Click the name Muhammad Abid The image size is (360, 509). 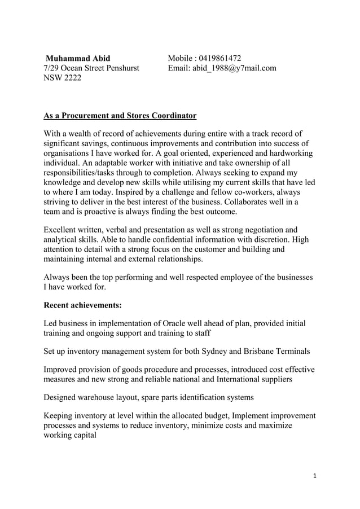click(78, 58)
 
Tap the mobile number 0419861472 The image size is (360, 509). click(219, 58)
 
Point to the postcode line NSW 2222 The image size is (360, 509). click(63, 78)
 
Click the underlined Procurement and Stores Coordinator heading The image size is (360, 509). click(120, 116)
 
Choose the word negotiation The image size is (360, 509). click(253, 230)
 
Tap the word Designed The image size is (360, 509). click(62, 397)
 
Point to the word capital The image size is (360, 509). click(83, 436)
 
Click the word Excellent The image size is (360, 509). click(63, 230)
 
